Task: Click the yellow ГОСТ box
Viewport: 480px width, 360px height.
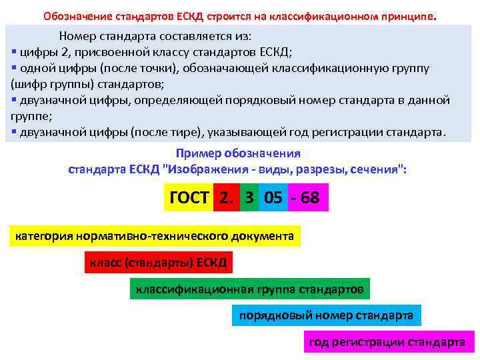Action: point(189,197)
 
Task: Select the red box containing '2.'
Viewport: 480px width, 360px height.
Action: point(227,197)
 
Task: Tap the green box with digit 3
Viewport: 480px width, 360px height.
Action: point(249,197)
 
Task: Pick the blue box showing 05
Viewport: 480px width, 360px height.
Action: point(273,197)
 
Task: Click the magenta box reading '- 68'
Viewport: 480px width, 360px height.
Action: point(308,197)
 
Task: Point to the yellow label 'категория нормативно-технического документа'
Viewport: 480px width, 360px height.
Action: point(154,236)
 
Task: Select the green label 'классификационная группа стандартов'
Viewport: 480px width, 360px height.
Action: point(250,289)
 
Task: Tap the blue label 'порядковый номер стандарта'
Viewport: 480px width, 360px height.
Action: point(326,315)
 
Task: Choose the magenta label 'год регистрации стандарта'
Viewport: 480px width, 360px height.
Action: point(387,342)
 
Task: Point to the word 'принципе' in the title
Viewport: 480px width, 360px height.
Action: point(409,15)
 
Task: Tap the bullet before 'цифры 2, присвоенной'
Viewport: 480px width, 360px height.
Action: point(14,52)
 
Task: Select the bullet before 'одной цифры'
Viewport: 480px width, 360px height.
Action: point(14,68)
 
